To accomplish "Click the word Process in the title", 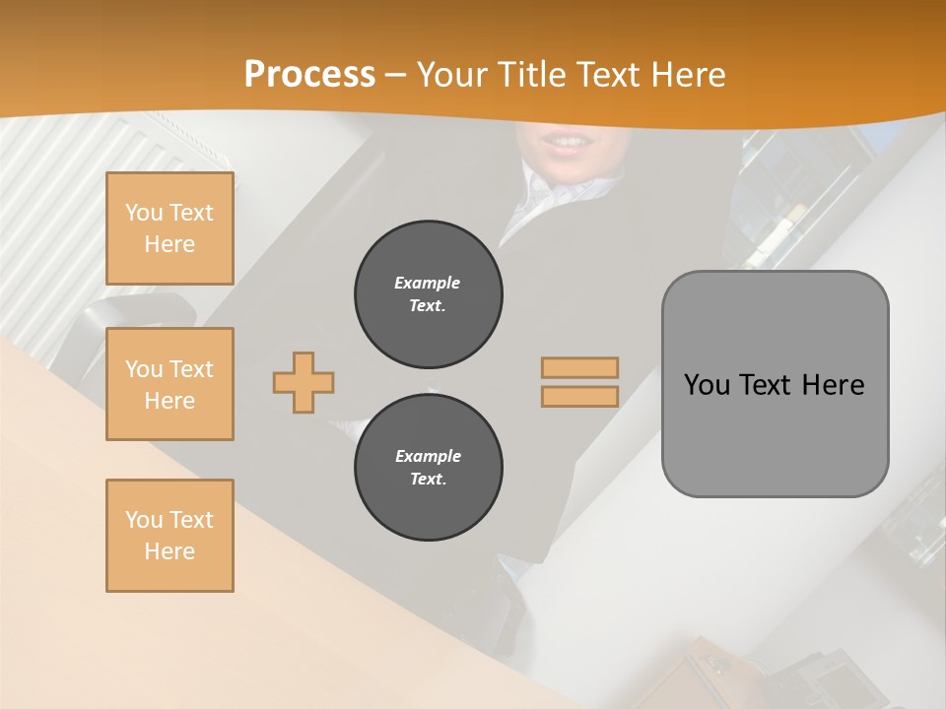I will (x=309, y=75).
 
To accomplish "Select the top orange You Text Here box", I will (x=169, y=228).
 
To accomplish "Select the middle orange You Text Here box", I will (x=169, y=384).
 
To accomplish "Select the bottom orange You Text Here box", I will (x=169, y=536).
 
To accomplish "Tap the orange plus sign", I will (x=304, y=382).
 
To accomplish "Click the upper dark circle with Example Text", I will (x=428, y=294).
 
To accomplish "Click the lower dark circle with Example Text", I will (x=428, y=468).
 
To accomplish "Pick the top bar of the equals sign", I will (x=579, y=368).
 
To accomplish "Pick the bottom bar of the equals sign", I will (x=579, y=397).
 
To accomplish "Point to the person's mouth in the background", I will (x=565, y=144).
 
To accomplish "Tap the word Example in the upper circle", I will (x=427, y=283).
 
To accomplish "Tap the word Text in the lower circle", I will (x=428, y=480).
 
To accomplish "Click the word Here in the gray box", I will (x=833, y=385).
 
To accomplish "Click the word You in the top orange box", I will (x=144, y=213).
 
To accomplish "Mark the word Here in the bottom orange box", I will (x=169, y=551).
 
